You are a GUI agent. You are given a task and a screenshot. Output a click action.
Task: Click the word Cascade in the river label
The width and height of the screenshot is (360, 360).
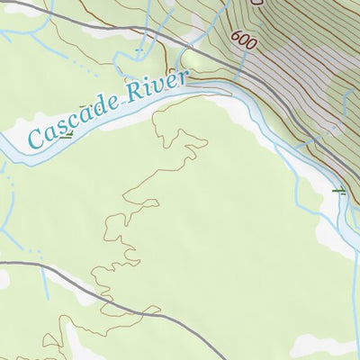tap(76, 119)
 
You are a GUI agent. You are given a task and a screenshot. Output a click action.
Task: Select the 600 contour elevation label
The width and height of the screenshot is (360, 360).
tap(242, 40)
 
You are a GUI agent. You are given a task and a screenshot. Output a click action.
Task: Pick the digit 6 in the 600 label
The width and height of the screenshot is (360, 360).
tap(236, 37)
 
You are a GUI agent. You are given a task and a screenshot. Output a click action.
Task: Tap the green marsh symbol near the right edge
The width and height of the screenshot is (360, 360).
tap(338, 191)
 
